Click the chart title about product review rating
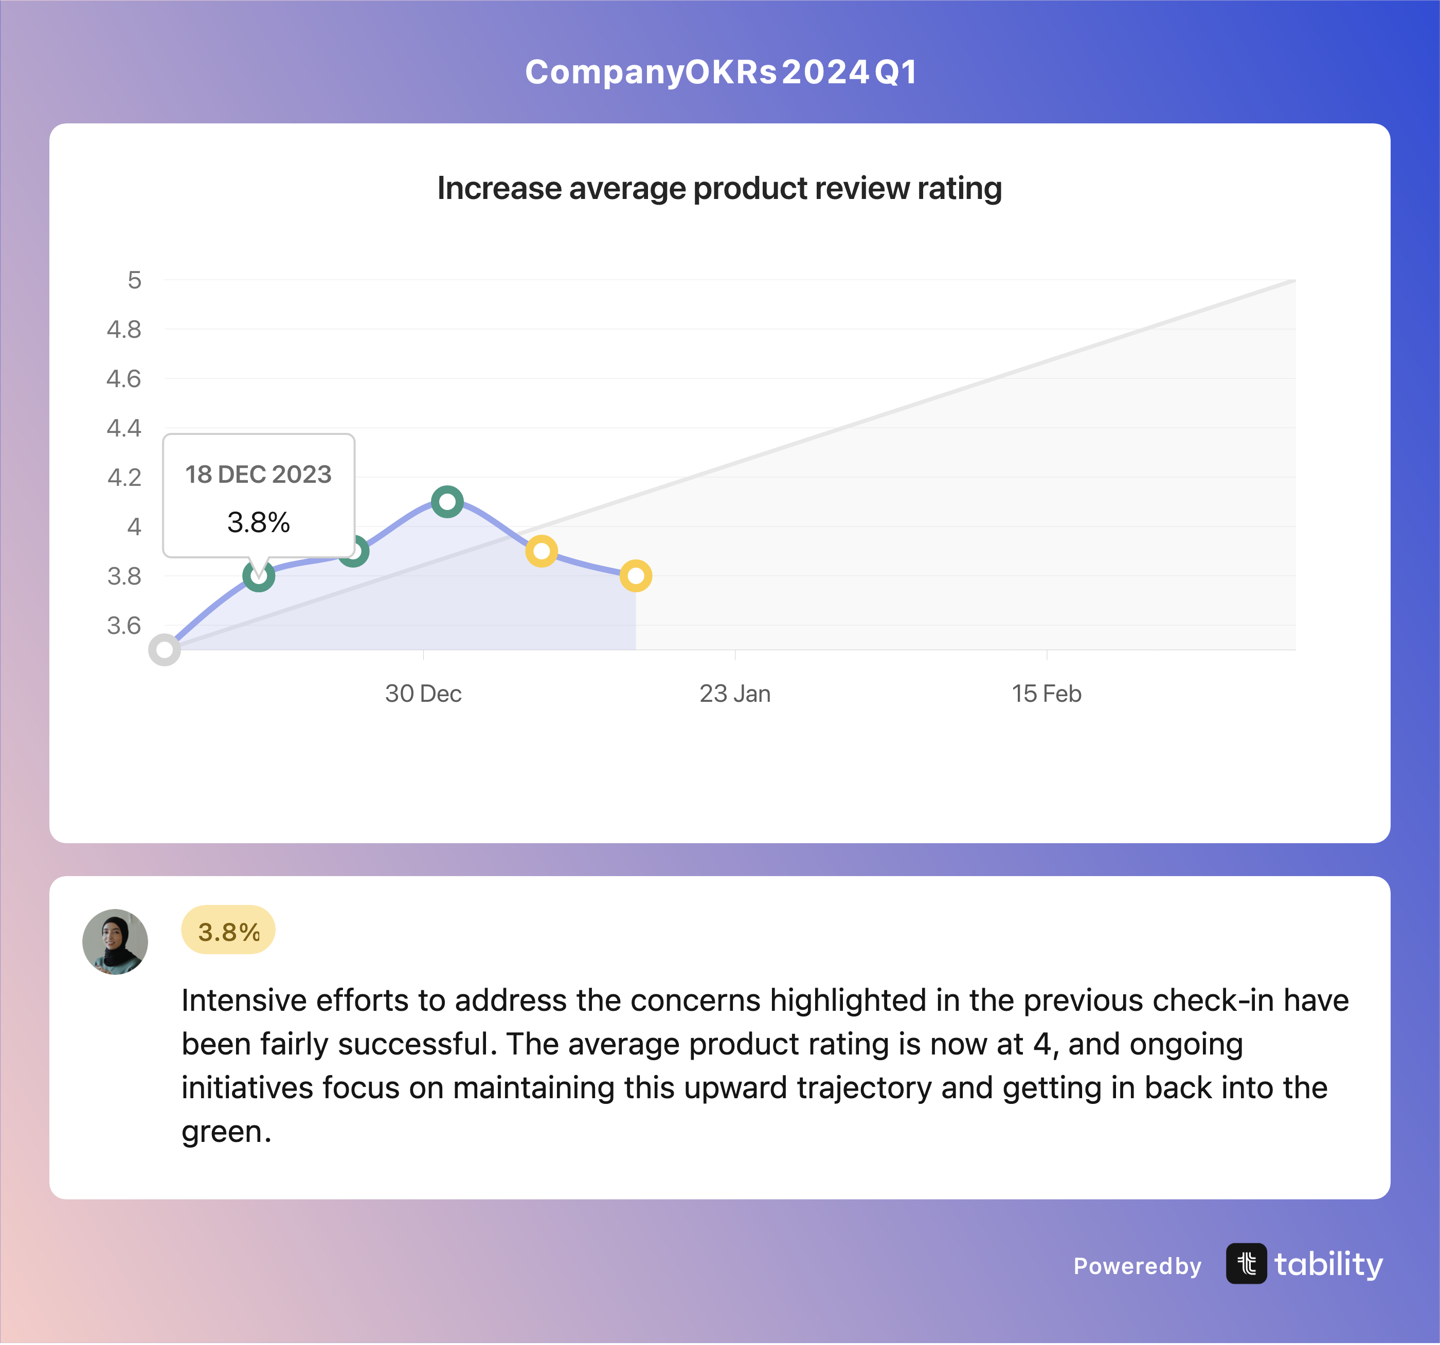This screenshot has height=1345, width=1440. (x=719, y=188)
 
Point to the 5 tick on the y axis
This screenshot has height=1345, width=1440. (x=135, y=280)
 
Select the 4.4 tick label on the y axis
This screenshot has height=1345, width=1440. (x=124, y=428)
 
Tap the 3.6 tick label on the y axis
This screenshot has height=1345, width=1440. (x=124, y=626)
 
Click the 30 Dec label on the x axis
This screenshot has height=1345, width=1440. (x=423, y=694)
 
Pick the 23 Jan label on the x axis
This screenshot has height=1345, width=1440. (x=735, y=694)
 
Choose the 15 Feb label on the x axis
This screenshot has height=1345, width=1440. (x=1047, y=694)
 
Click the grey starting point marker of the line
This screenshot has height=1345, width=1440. (x=165, y=650)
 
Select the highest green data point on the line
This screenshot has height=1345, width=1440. (x=447, y=501)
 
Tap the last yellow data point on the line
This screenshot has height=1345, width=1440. (x=636, y=576)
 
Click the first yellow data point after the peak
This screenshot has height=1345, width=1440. (x=542, y=551)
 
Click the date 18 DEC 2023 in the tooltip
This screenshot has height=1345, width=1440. (x=259, y=475)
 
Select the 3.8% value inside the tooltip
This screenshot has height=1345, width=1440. (x=259, y=522)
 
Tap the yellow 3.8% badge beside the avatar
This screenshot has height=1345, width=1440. (x=228, y=930)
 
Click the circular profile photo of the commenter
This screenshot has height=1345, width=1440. (x=115, y=941)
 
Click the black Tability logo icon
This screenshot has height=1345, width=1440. (x=1247, y=1264)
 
